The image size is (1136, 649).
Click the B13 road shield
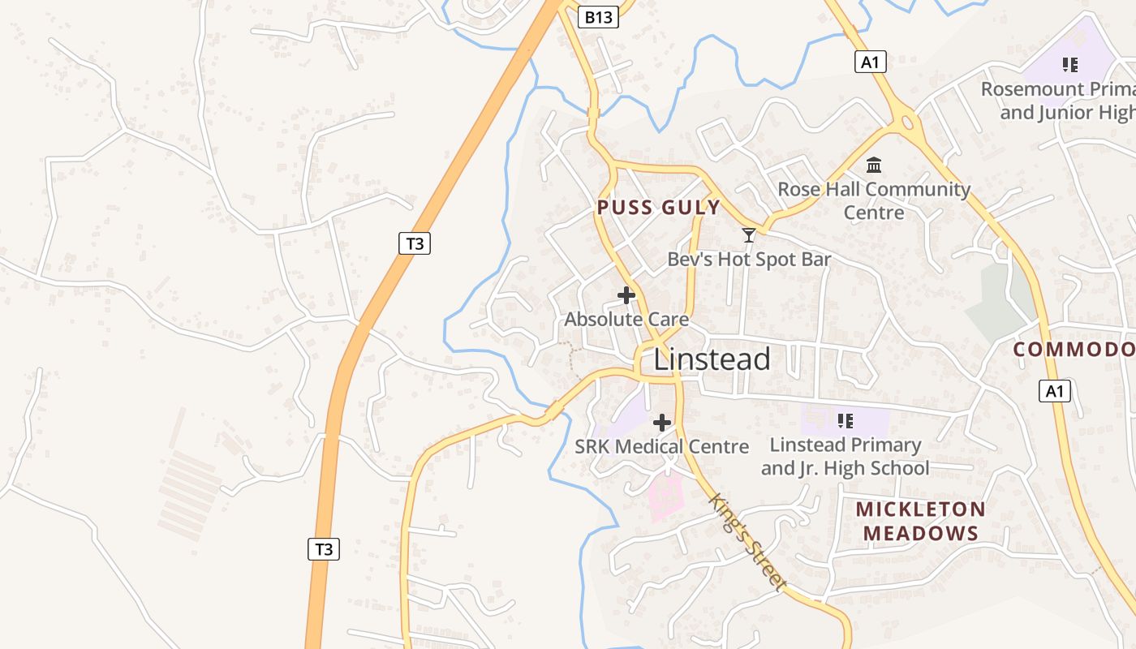pos(599,17)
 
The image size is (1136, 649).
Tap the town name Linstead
pos(712,359)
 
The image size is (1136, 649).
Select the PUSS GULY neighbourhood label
pos(659,208)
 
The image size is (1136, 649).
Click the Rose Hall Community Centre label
pos(874,200)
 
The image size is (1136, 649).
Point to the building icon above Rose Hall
pos(874,165)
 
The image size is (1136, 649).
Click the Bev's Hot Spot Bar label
pos(749,260)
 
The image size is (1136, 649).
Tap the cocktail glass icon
pos(749,235)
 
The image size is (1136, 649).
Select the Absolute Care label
pos(626,320)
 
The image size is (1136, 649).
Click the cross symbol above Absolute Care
pos(626,295)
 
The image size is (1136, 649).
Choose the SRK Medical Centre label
pos(661,446)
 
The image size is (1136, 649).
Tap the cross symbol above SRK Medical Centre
pos(662,423)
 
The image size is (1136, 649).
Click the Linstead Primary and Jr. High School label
pos(845,456)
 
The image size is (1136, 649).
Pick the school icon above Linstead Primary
pos(845,421)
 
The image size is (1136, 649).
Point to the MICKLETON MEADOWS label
pos(920,521)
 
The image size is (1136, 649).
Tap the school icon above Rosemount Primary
pos(1069,64)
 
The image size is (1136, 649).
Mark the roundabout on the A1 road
pos(906,123)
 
